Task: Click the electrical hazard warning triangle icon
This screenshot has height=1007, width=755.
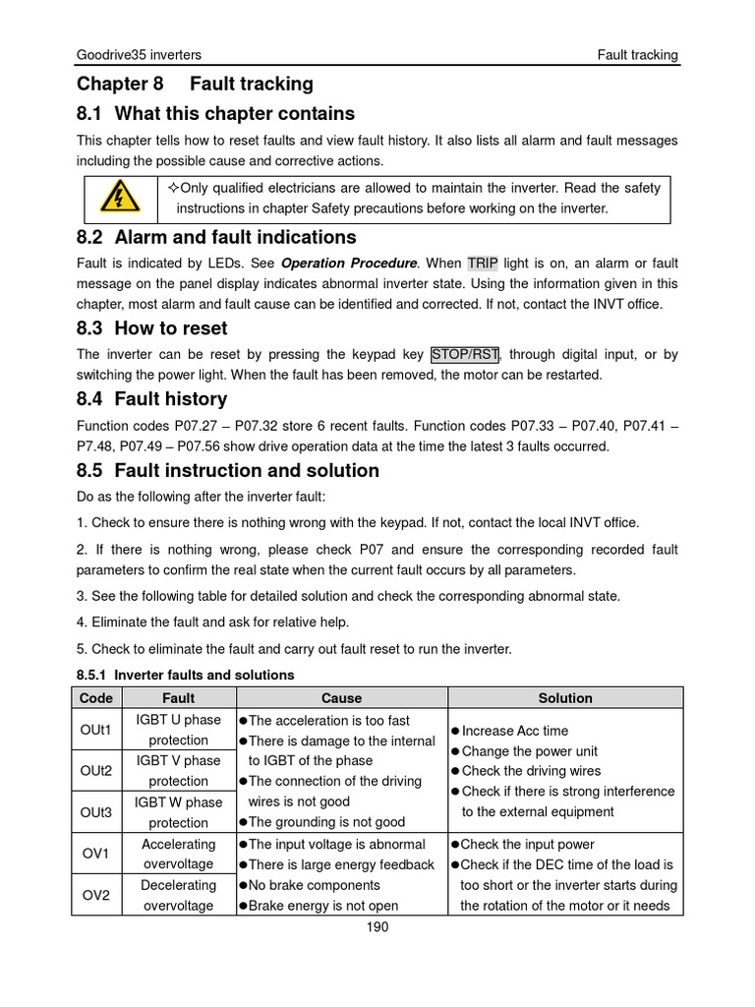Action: click(x=118, y=200)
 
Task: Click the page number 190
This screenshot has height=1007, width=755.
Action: click(x=377, y=927)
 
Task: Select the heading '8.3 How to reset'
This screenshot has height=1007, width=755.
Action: click(x=151, y=328)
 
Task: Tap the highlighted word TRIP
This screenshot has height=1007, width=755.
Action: click(x=483, y=264)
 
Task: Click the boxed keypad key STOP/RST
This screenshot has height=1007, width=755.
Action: click(x=465, y=354)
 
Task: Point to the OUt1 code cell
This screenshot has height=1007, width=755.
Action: click(x=95, y=730)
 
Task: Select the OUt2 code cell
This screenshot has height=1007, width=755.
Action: click(x=95, y=770)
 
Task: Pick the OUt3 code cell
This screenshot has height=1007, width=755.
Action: click(x=95, y=811)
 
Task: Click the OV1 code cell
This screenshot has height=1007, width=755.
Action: click(x=95, y=854)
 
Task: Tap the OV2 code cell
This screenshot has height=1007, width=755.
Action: click(x=95, y=895)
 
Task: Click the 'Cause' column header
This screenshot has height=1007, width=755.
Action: click(x=341, y=698)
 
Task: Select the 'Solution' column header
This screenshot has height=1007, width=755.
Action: click(x=565, y=698)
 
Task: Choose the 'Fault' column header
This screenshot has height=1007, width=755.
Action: click(x=178, y=698)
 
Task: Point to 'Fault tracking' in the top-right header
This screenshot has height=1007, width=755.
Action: click(x=637, y=55)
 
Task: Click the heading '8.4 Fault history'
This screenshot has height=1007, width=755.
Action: click(x=151, y=399)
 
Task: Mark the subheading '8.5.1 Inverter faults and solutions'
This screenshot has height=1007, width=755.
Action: click(x=185, y=675)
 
